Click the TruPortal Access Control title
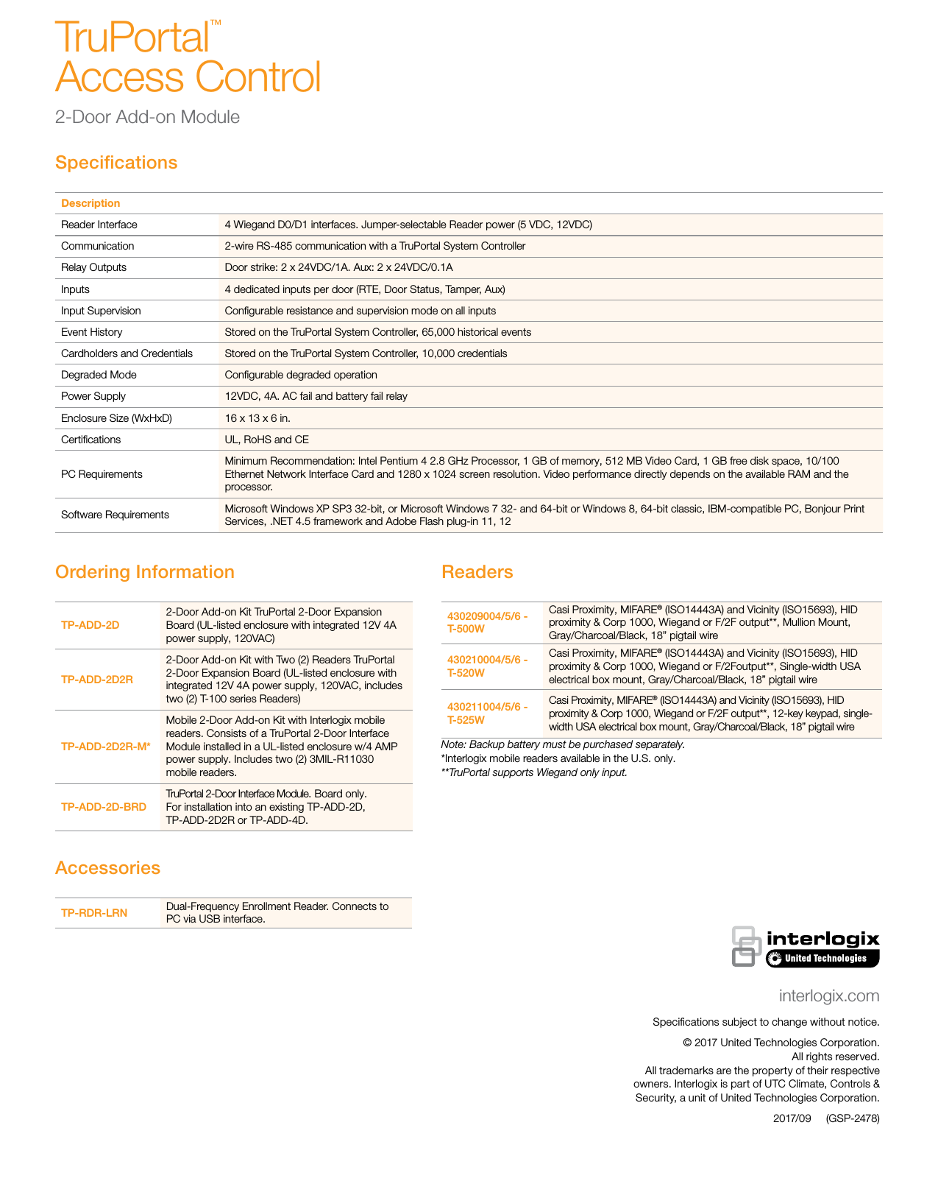(188, 57)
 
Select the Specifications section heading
(116, 163)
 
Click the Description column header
(90, 203)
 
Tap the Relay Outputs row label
(93, 267)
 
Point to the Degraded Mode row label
(99, 375)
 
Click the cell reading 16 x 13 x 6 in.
(257, 418)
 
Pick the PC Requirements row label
(102, 474)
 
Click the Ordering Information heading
(145, 572)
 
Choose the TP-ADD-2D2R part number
(97, 680)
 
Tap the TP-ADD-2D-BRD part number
(104, 807)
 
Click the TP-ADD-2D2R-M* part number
(106, 747)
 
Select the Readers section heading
(477, 572)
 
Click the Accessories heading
(107, 868)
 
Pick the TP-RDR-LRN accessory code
(94, 913)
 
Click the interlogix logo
(806, 947)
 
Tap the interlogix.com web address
(829, 996)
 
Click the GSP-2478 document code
(852, 1118)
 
